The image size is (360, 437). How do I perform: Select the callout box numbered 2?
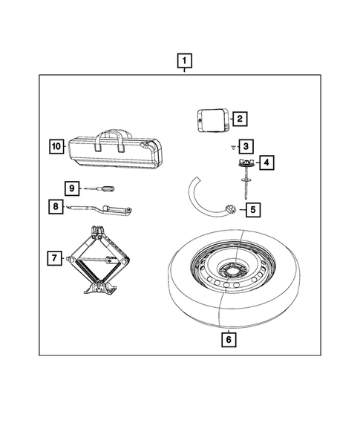(239, 118)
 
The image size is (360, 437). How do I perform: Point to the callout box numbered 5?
(252, 210)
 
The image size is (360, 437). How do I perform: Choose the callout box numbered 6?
(229, 340)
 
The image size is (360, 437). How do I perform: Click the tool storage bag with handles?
(120, 150)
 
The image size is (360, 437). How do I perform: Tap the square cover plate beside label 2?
(211, 119)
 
